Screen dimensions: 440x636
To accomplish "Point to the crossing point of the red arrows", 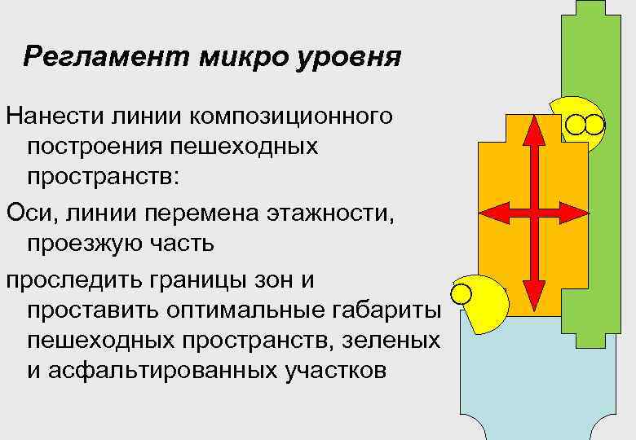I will pos(533,213).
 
